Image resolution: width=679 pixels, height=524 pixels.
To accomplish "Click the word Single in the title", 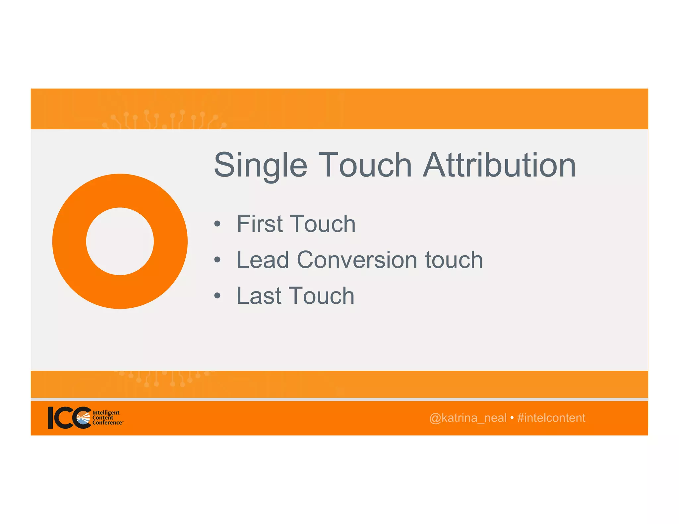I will [x=261, y=166].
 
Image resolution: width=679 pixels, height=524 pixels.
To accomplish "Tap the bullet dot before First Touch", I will [x=217, y=224].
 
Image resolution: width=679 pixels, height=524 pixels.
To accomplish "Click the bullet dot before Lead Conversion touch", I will [x=217, y=260].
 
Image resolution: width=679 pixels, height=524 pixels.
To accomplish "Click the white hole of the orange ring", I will [x=120, y=241].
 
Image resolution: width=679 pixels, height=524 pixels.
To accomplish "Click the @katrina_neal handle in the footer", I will [x=467, y=418].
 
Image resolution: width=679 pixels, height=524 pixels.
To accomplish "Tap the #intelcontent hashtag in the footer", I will [x=551, y=418].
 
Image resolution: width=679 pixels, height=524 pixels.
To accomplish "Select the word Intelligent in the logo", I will [x=106, y=413].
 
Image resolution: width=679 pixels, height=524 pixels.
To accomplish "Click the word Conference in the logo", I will [x=107, y=423].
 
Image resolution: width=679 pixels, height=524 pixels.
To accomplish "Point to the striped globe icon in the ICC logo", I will [x=84, y=418].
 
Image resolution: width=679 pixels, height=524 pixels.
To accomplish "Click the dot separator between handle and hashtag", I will [x=512, y=418].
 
